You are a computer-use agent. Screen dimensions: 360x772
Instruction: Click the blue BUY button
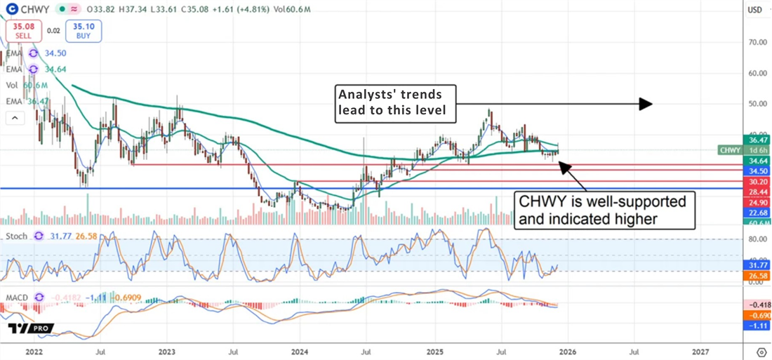click(84, 31)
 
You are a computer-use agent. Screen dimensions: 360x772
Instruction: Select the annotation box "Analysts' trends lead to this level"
click(395, 103)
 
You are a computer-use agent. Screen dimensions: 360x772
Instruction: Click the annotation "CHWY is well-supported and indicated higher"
click(606, 209)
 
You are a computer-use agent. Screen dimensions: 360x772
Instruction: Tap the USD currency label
click(755, 10)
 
